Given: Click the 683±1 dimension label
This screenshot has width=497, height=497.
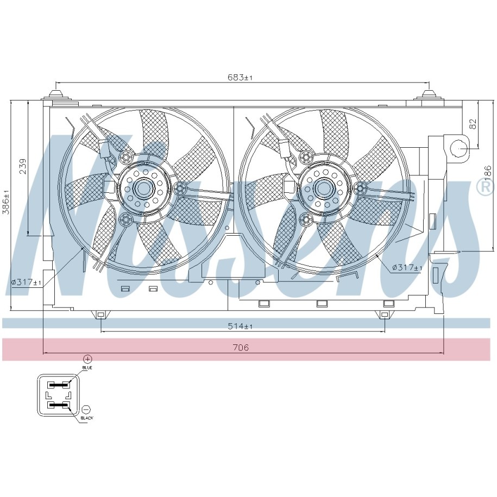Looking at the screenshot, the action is pyautogui.click(x=240, y=77).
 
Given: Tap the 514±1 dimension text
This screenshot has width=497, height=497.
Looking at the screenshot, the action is pyautogui.click(x=240, y=326).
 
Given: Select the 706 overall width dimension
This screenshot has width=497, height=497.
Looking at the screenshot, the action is pyautogui.click(x=241, y=348).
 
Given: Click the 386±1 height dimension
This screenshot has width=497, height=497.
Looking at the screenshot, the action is pyautogui.click(x=6, y=202).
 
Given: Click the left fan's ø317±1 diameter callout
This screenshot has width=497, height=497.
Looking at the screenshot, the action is pyautogui.click(x=26, y=282).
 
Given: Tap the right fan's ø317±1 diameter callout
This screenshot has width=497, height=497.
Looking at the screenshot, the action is pyautogui.click(x=407, y=268).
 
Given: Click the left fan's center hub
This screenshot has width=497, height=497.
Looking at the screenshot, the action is pyautogui.click(x=143, y=189).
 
